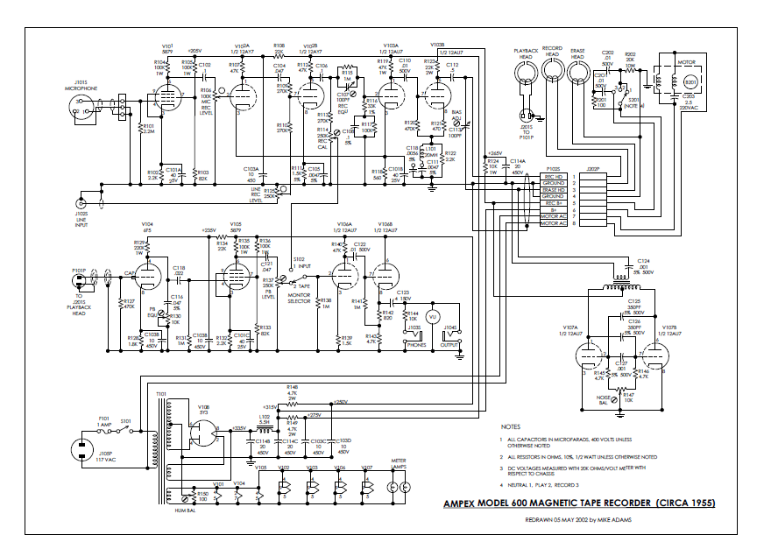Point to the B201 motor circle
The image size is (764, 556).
(x=690, y=82)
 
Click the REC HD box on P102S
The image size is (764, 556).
(x=553, y=176)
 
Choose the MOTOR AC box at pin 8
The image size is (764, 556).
(x=553, y=223)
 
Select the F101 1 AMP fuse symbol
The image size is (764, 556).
(x=107, y=431)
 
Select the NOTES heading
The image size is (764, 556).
(x=512, y=426)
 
